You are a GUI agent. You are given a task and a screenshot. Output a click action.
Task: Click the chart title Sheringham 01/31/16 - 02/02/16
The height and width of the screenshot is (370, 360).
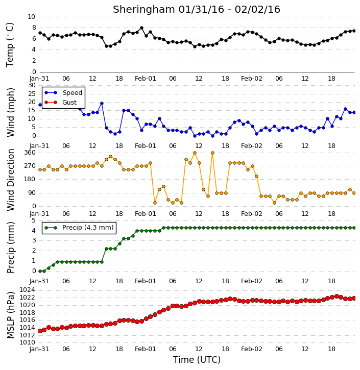(x=197, y=9)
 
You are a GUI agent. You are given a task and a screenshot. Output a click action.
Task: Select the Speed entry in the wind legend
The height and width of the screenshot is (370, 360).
(x=63, y=92)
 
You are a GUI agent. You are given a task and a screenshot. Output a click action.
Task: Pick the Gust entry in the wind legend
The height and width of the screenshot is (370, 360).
(x=61, y=103)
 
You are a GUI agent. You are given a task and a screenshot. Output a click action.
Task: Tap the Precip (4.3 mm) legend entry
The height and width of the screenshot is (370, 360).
(x=79, y=228)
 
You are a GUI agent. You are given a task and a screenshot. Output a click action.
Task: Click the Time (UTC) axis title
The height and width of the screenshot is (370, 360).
(x=197, y=360)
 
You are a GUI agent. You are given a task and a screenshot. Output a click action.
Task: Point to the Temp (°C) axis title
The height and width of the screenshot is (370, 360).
(x=10, y=45)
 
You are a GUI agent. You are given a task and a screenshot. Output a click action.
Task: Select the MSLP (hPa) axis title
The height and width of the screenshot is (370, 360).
(x=10, y=315)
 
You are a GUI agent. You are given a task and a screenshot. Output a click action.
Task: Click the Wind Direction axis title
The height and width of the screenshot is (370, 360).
(x=11, y=180)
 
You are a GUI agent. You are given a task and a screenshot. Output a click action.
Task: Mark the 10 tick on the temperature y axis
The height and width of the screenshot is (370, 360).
(x=31, y=17)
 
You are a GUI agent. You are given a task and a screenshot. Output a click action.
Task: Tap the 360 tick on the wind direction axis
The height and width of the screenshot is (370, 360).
(x=30, y=153)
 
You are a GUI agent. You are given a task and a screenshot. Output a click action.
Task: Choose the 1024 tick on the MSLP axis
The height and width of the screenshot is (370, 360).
(x=27, y=290)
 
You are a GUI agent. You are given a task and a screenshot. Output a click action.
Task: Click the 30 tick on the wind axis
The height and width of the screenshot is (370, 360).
(x=32, y=85)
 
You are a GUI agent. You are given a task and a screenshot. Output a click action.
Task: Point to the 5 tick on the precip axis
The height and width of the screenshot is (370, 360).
(x=34, y=220)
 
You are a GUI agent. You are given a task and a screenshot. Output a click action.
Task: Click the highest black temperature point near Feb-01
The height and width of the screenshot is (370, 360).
(x=141, y=28)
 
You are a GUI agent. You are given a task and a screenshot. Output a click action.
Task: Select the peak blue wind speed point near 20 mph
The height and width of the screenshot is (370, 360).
(x=102, y=104)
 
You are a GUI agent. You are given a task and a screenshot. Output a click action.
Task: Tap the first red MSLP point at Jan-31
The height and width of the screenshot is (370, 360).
(x=40, y=331)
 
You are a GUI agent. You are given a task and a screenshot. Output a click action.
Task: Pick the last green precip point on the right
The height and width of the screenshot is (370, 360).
(x=354, y=228)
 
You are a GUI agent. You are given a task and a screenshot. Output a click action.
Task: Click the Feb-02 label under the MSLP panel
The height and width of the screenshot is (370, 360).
(x=252, y=349)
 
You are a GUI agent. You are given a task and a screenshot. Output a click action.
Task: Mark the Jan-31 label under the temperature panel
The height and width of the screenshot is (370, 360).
(x=39, y=79)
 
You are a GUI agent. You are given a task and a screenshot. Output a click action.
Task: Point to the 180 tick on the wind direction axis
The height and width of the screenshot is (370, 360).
(x=30, y=179)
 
